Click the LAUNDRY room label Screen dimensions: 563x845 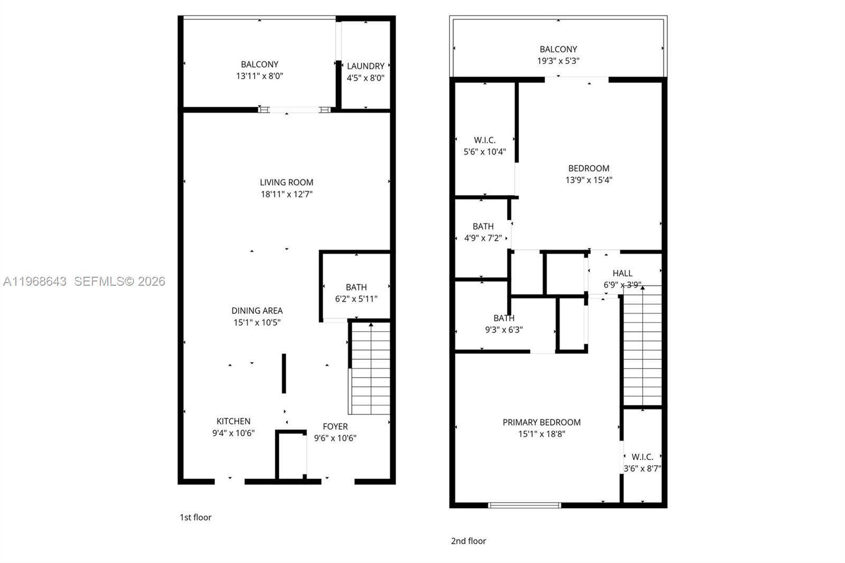[365, 66]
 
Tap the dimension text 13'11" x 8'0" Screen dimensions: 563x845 [259, 76]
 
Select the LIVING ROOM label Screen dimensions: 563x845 [286, 182]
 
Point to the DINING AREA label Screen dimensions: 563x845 [257, 311]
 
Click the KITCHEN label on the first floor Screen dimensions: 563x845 [233, 421]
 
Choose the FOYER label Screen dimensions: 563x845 [335, 426]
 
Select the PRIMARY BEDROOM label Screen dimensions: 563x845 [541, 422]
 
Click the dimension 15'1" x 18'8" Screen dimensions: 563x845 [541, 434]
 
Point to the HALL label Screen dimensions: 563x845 [622, 273]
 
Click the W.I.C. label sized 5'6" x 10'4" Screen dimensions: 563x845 [484, 140]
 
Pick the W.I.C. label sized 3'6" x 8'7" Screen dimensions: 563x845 [642, 456]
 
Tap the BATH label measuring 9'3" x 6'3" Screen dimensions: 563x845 [504, 318]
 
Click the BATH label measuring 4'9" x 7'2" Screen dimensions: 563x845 [483, 226]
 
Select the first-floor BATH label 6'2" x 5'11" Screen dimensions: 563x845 [356, 287]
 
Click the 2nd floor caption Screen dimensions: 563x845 [468, 541]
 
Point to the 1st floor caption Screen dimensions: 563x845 [195, 517]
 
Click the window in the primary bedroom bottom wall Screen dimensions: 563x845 [524, 505]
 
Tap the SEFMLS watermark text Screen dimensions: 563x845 [119, 281]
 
